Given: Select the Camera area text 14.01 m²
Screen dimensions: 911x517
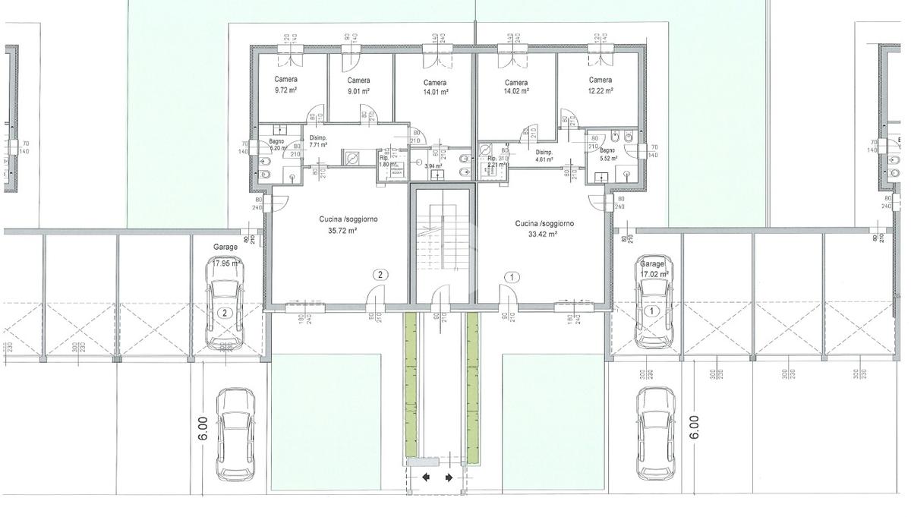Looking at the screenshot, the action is click(x=435, y=92).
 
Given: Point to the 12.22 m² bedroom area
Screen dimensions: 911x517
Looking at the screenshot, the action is click(x=601, y=90).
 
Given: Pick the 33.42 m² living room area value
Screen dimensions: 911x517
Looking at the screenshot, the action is click(x=544, y=235).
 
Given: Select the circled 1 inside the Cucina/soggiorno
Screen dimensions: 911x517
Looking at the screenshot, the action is click(x=513, y=277).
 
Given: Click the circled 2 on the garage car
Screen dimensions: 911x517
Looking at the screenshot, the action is click(x=225, y=311).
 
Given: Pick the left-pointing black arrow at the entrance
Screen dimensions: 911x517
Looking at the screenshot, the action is click(x=426, y=478).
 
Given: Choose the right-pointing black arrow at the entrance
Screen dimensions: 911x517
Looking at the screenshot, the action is click(x=449, y=478).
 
